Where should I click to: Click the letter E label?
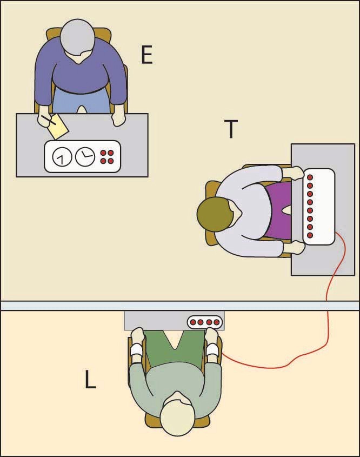[x=146, y=55]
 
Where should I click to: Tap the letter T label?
[x=231, y=129]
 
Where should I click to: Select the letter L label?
[x=91, y=381]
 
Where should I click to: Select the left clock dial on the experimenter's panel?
[x=62, y=157]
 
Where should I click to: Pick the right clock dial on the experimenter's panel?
[x=84, y=157]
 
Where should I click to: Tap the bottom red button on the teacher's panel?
[x=310, y=235]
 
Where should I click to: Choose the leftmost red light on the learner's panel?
[x=192, y=322]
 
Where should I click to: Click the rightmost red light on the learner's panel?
[x=216, y=322]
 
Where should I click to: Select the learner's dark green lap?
[x=175, y=346]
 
